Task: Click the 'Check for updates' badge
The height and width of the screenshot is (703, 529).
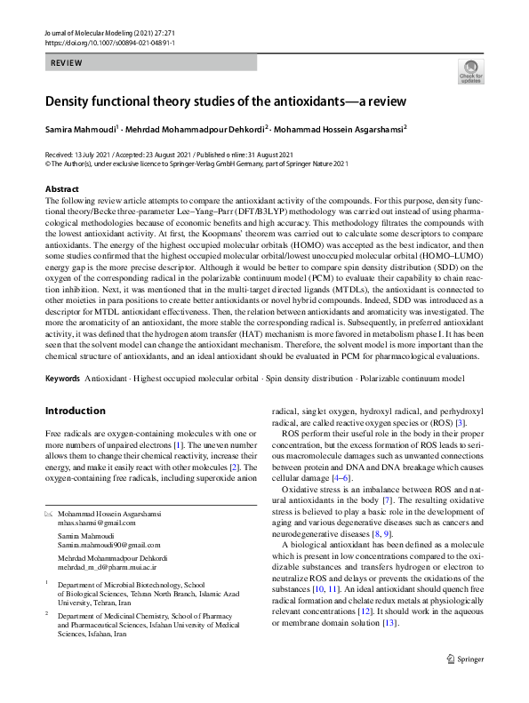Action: point(470,72)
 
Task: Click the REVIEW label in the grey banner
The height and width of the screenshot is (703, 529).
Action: point(66,64)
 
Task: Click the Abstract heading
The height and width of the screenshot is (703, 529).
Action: point(62,189)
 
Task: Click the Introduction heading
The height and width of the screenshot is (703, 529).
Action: point(76,411)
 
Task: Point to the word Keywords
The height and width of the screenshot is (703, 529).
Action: point(62,379)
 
